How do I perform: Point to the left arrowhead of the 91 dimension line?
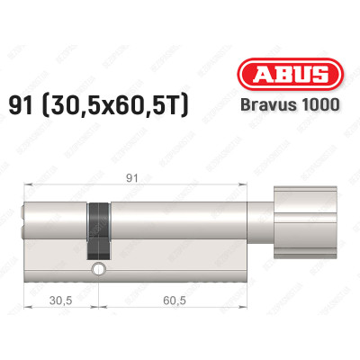click(24, 184)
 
